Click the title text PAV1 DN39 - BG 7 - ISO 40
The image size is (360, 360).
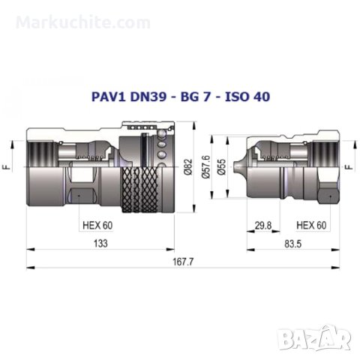click(180, 96)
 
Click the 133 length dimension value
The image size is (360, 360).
click(100, 244)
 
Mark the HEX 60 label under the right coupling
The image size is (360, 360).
click(310, 223)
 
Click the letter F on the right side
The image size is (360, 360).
click(349, 168)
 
